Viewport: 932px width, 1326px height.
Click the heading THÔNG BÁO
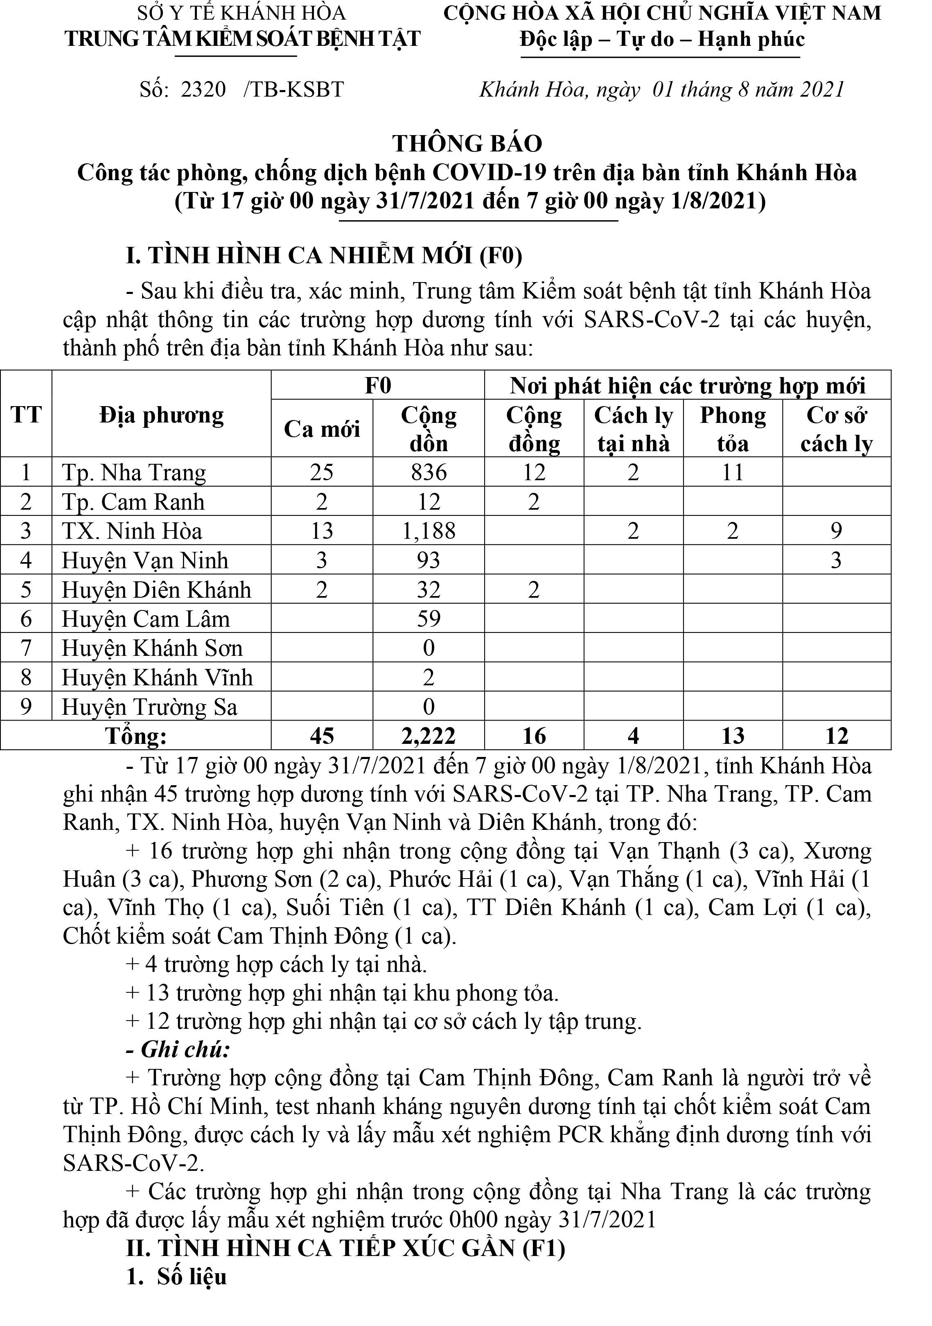(467, 144)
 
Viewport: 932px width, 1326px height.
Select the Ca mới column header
(322, 429)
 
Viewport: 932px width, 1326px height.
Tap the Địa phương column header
(161, 415)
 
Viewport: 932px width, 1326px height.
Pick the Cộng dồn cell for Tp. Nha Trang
(429, 472)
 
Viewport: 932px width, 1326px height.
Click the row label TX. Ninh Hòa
(132, 531)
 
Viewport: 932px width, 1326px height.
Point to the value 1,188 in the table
(429, 531)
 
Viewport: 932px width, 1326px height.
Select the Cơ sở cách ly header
(836, 429)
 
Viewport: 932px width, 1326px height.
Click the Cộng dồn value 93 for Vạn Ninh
(429, 560)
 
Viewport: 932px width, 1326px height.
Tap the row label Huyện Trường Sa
(149, 707)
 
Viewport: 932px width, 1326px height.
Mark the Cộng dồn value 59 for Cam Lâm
(429, 619)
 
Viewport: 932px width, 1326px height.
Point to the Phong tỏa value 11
(732, 472)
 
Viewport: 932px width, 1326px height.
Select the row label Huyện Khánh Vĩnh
(157, 678)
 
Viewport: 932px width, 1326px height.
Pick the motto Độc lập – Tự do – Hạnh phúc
(662, 39)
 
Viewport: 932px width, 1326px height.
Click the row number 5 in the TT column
(26, 590)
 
